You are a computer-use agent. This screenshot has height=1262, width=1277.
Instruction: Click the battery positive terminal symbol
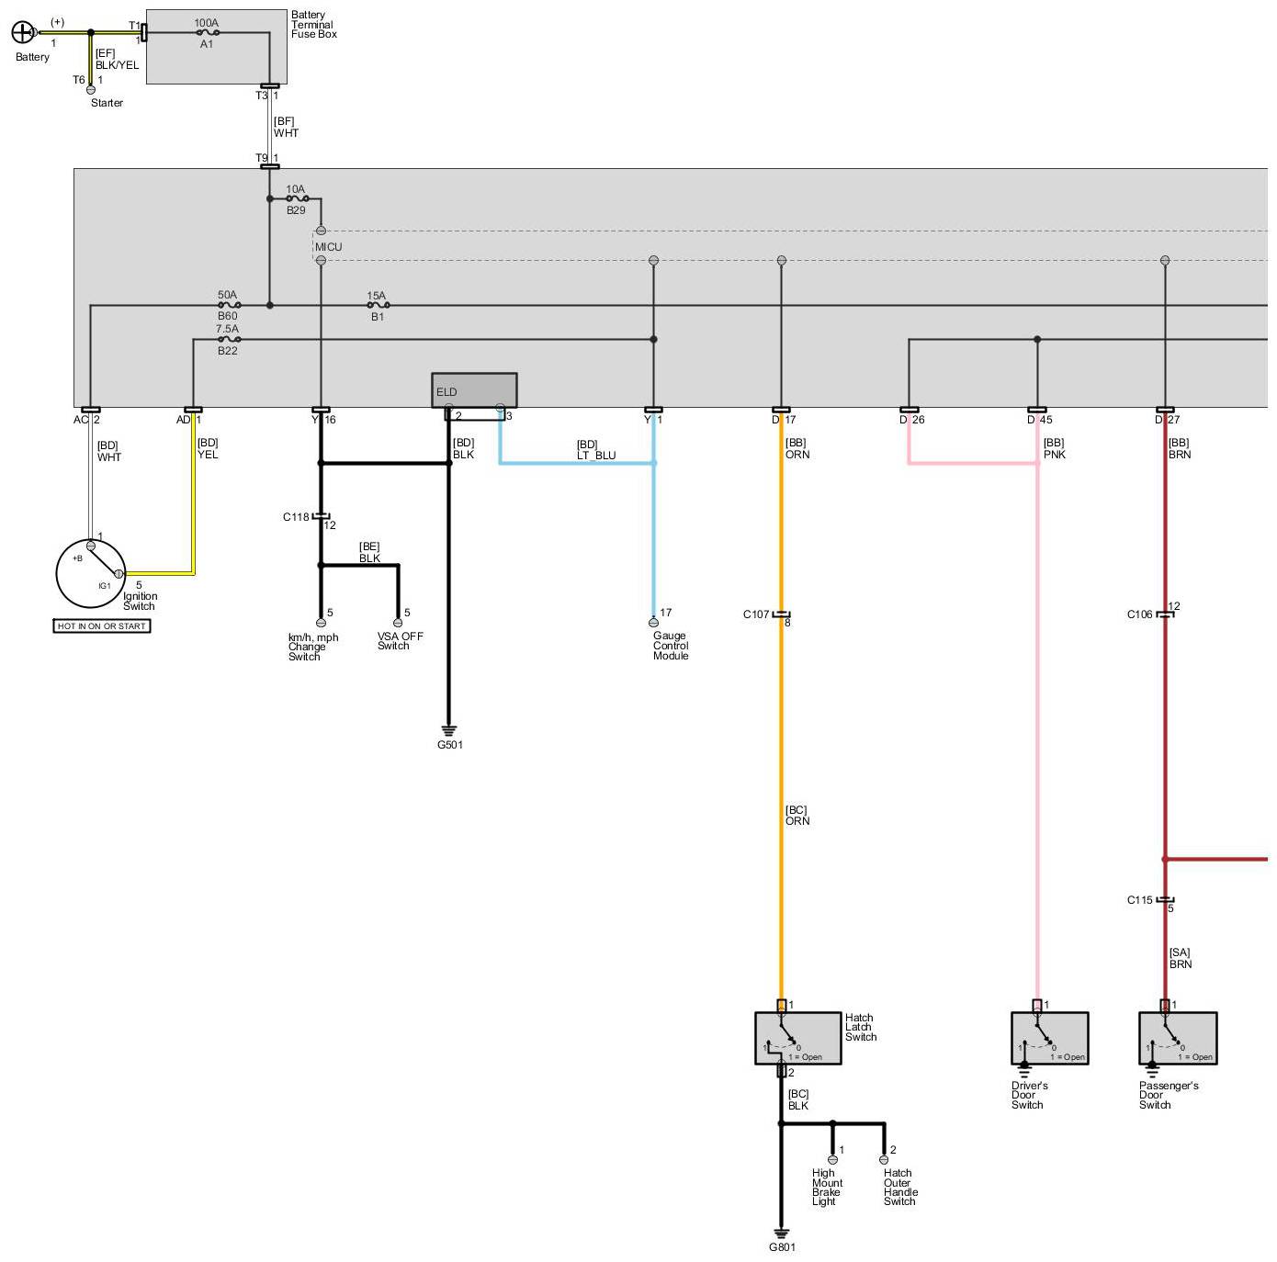(22, 33)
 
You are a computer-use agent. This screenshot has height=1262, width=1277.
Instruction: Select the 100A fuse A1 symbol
(208, 32)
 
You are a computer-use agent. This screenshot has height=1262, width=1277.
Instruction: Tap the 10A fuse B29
(296, 198)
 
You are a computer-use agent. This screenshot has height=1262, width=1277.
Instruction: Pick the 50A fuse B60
(228, 305)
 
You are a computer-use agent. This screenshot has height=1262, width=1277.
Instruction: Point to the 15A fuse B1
(377, 305)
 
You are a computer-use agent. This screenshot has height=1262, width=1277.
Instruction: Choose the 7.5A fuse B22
(228, 339)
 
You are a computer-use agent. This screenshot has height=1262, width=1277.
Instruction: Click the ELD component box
(474, 390)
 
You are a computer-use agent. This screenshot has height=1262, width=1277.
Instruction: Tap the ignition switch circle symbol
(90, 572)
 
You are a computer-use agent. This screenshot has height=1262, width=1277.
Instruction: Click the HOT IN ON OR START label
(102, 626)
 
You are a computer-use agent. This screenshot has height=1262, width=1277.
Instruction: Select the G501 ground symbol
(449, 732)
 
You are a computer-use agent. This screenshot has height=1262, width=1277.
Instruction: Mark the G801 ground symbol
(782, 1234)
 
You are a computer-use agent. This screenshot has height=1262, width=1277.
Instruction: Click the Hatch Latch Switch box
(797, 1038)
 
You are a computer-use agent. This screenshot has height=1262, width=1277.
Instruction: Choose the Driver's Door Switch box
(1049, 1038)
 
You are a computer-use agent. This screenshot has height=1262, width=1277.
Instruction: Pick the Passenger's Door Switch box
(1178, 1038)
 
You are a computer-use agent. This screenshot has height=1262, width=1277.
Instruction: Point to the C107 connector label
(756, 614)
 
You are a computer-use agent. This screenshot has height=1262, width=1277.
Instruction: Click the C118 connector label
(296, 517)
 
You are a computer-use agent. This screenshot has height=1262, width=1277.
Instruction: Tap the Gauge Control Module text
(671, 646)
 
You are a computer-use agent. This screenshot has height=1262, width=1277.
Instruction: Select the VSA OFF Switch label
(400, 641)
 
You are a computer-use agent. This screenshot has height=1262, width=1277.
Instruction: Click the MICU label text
(328, 247)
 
